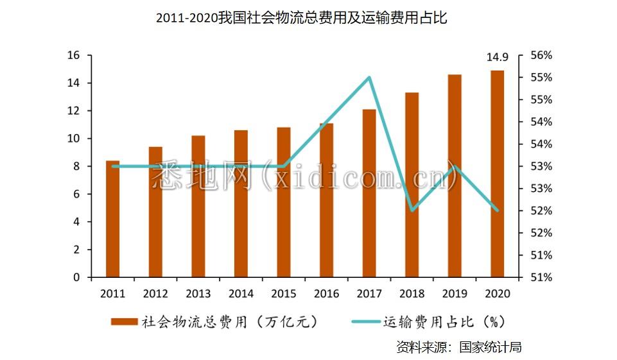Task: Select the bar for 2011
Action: click(112, 218)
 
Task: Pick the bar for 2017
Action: click(369, 193)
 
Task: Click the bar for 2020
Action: click(498, 173)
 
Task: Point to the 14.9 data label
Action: click(498, 59)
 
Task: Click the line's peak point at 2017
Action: click(369, 78)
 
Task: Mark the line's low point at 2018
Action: click(412, 210)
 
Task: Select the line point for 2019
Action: click(455, 166)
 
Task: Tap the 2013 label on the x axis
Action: click(198, 293)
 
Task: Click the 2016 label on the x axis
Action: click(326, 293)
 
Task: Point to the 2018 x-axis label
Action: click(412, 293)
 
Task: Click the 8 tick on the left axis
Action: click(76, 166)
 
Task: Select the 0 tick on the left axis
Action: click(76, 277)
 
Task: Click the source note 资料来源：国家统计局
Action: click(458, 347)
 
